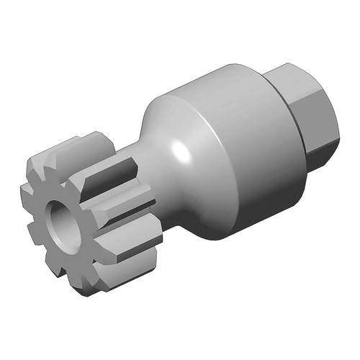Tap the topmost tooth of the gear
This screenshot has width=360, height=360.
[72, 143]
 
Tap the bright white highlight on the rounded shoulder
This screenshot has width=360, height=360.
[179, 151]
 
